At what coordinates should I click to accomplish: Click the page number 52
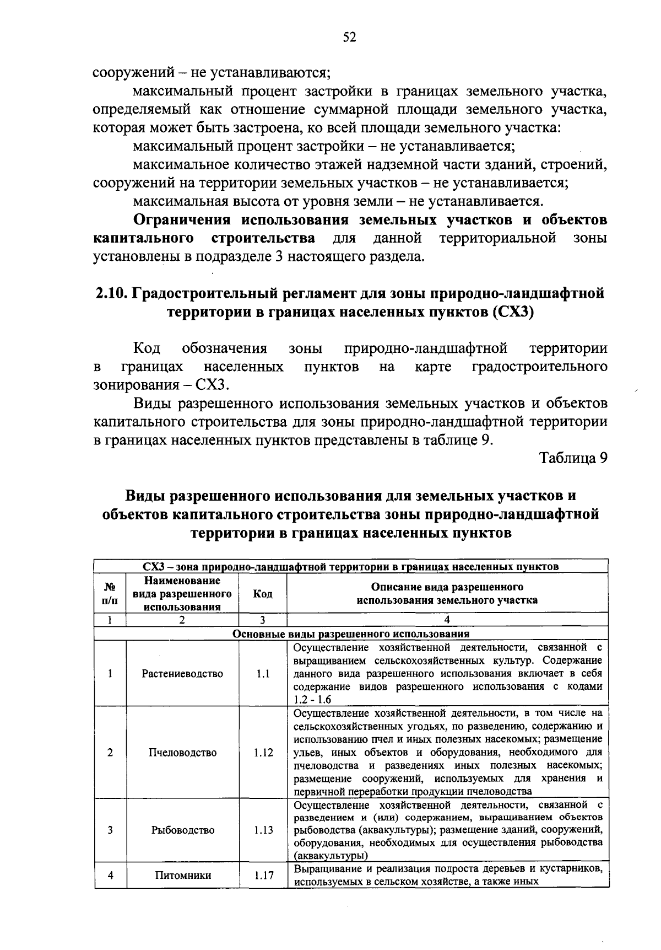[350, 36]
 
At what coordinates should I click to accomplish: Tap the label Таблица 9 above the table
[573, 458]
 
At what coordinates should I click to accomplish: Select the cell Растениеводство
[182, 674]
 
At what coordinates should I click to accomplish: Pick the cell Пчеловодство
[182, 753]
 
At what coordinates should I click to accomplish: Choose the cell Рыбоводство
[182, 830]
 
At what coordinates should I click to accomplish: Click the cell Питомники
[182, 875]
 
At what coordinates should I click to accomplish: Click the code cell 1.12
[263, 753]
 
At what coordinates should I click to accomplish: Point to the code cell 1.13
[263, 830]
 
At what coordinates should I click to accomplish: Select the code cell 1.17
[263, 875]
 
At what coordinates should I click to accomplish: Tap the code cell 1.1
[263, 674]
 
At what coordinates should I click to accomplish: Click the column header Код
[263, 594]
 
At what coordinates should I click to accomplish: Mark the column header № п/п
[110, 594]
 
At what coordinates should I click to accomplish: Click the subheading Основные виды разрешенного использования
[351, 634]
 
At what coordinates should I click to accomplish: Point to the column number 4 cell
[447, 620]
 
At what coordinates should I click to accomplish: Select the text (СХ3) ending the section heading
[513, 312]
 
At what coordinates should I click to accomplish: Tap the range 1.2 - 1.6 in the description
[312, 700]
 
